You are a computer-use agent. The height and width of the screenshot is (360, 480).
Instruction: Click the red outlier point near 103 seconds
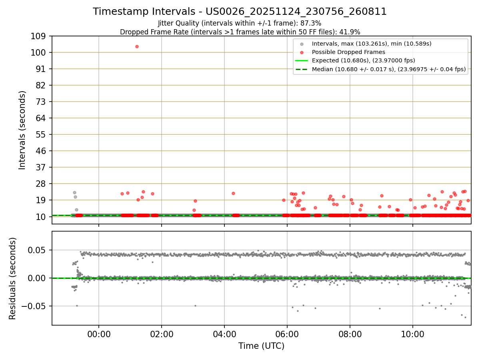click(x=137, y=46)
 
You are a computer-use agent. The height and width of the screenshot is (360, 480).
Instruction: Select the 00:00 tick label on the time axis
click(x=99, y=334)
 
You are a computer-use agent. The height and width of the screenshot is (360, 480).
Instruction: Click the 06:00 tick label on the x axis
click(x=287, y=334)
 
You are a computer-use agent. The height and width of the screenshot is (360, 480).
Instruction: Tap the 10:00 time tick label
click(x=413, y=334)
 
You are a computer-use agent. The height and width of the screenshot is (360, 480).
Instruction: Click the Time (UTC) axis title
click(x=261, y=346)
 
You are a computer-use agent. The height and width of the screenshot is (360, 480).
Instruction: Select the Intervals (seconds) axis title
click(x=22, y=130)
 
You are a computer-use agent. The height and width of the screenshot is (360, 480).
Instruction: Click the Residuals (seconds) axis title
click(x=12, y=278)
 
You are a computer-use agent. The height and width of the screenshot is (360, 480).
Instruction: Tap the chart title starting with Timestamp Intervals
click(x=240, y=12)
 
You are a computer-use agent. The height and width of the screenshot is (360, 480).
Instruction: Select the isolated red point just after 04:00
click(x=233, y=193)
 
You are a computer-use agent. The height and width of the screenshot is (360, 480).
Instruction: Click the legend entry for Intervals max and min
click(x=372, y=44)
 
